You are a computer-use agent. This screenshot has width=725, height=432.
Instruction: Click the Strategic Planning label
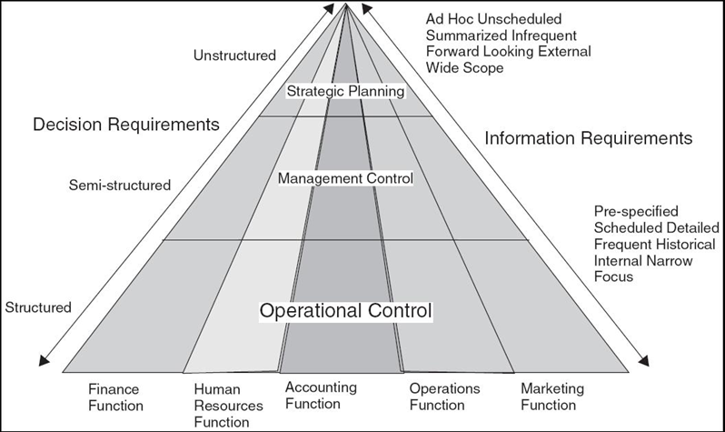coord(344,91)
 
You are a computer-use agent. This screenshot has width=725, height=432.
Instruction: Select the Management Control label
coord(345,179)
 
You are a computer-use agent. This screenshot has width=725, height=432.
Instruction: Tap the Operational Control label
coord(345,310)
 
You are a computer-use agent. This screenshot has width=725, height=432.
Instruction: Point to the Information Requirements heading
coord(589,138)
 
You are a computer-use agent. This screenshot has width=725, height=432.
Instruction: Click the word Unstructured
coord(234,55)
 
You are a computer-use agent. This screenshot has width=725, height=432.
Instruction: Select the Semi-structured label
coord(119,186)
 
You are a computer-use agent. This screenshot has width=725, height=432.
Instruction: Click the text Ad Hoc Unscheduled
coord(493,18)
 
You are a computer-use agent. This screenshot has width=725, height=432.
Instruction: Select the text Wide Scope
coord(462,67)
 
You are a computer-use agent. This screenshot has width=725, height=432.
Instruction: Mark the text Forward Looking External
coord(508,51)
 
